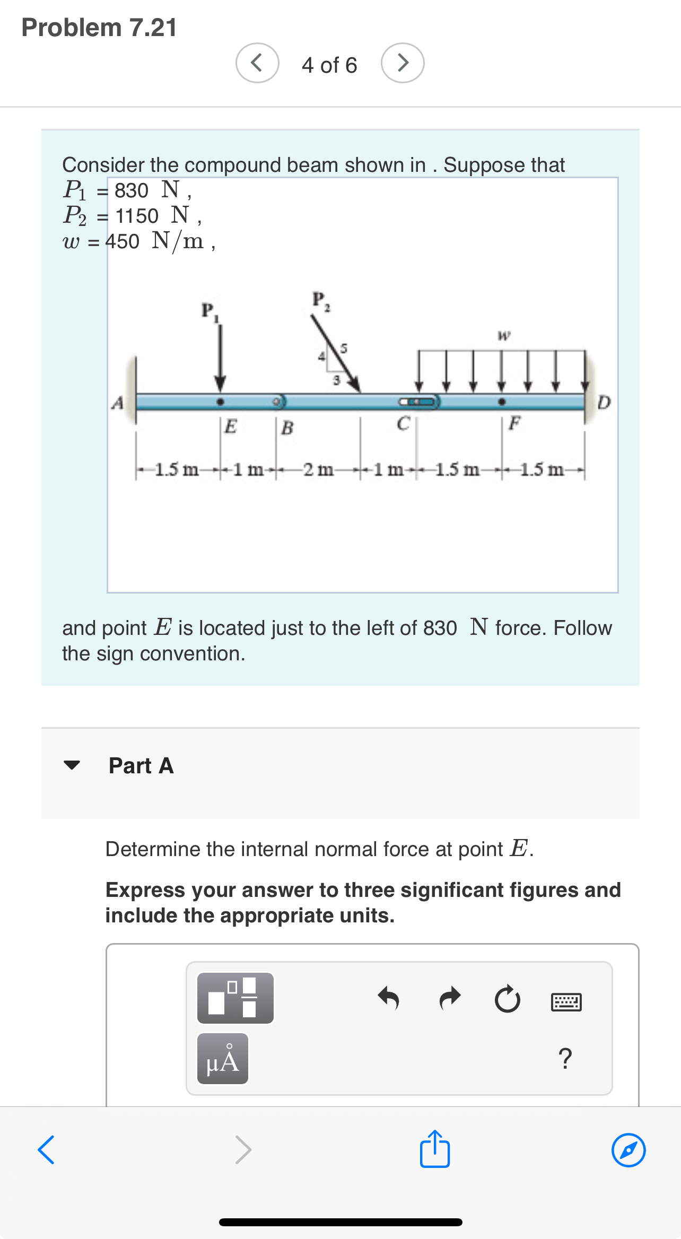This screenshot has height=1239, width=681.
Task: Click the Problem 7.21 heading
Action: pyautogui.click(x=99, y=28)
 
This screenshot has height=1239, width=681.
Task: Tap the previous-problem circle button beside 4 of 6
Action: pyautogui.click(x=257, y=63)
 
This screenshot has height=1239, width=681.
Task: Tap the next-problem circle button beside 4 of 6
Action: pyautogui.click(x=403, y=63)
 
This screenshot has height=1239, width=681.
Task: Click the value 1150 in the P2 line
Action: pyautogui.click(x=137, y=216)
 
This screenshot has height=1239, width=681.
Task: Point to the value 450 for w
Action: pyautogui.click(x=123, y=241)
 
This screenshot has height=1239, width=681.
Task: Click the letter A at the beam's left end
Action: pyautogui.click(x=117, y=404)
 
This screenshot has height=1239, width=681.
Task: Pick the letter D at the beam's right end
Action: pyautogui.click(x=604, y=403)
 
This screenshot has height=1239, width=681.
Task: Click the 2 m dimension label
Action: pyautogui.click(x=318, y=470)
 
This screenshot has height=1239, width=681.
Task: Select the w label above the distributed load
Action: pyautogui.click(x=504, y=335)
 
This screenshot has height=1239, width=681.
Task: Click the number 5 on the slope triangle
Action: pyautogui.click(x=344, y=348)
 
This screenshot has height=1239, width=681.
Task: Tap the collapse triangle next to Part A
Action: pyautogui.click(x=72, y=765)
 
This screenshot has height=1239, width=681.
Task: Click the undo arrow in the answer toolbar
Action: pyautogui.click(x=388, y=998)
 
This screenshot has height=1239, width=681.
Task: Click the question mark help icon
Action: pyautogui.click(x=565, y=1059)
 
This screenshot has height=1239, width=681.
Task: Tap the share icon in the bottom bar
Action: pyautogui.click(x=435, y=1149)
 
